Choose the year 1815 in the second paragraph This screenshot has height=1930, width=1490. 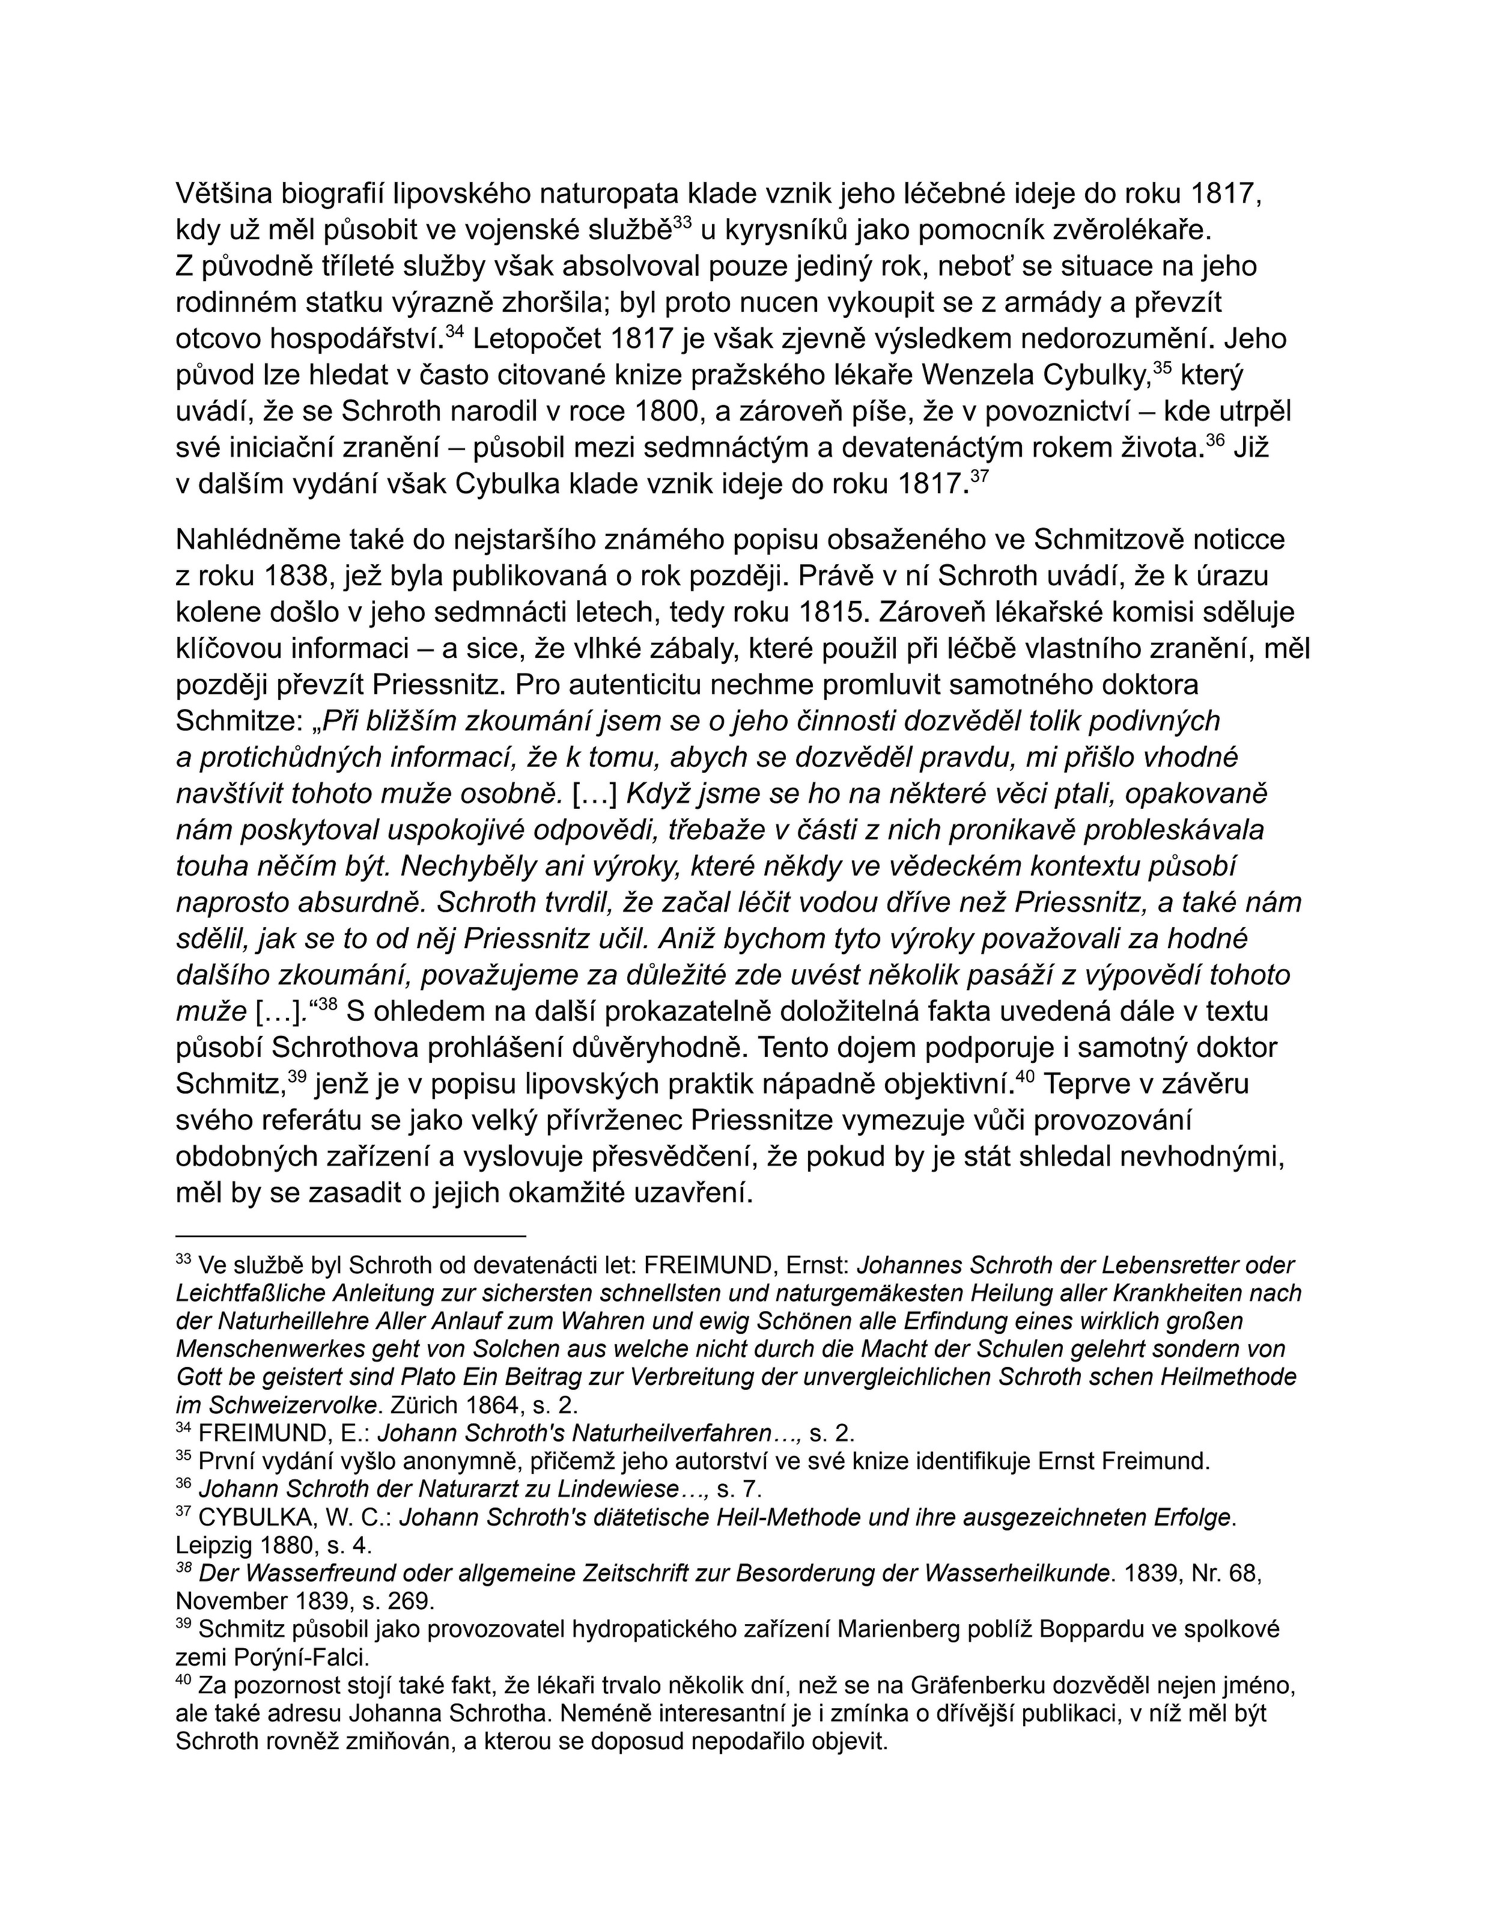pos(835,612)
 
